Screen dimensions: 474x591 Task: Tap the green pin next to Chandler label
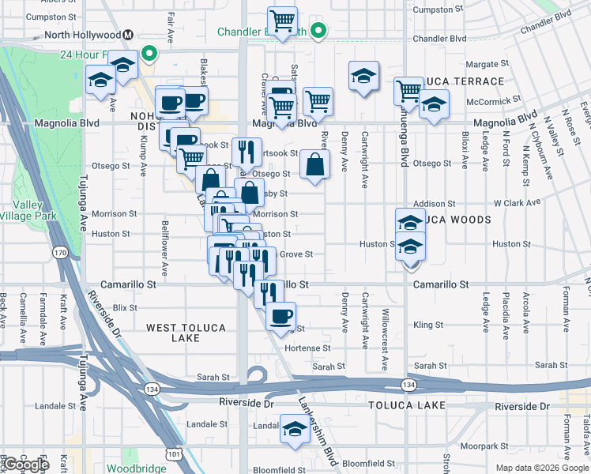[318, 32]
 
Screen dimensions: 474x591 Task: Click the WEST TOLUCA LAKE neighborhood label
[173, 332]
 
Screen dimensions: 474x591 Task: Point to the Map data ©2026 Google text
[541, 468]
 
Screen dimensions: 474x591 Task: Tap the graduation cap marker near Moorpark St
[295, 430]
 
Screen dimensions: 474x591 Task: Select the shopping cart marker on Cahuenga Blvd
[408, 91]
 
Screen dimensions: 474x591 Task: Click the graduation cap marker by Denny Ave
[362, 76]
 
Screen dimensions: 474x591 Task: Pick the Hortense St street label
[307, 348]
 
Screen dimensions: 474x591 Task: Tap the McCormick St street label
[494, 100]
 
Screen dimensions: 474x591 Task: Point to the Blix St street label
[125, 307]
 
